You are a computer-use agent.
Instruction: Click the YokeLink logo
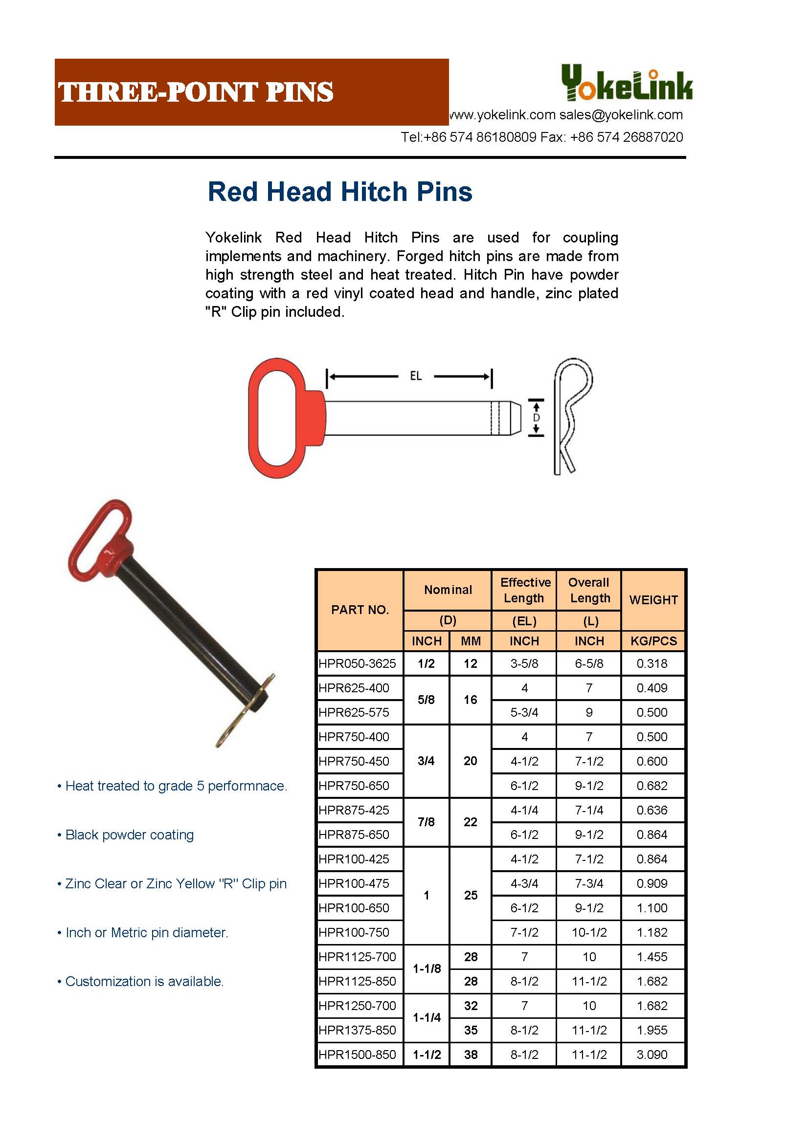click(626, 84)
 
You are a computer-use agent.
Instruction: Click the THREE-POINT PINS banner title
click(196, 92)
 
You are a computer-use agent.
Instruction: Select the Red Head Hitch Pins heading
click(340, 192)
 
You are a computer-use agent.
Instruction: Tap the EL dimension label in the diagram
click(415, 376)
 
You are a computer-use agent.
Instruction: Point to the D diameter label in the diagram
click(536, 418)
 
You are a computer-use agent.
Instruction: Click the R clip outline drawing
click(573, 416)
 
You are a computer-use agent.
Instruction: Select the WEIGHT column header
click(653, 600)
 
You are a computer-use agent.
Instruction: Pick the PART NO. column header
click(360, 610)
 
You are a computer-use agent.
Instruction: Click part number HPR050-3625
click(357, 663)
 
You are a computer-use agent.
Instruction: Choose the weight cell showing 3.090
click(652, 1055)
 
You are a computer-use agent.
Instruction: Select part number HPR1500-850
click(357, 1055)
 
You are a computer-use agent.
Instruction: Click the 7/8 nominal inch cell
click(426, 822)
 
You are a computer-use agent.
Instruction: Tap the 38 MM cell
click(470, 1055)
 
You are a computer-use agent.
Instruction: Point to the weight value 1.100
click(652, 907)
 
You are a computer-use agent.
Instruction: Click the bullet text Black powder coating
click(130, 835)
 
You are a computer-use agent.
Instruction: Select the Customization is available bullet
click(144, 981)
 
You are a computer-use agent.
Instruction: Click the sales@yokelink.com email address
click(621, 115)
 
